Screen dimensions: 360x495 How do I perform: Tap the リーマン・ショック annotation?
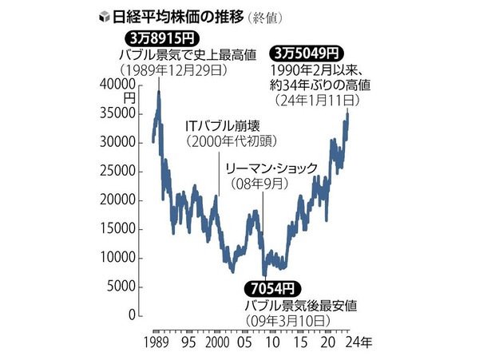click(271, 168)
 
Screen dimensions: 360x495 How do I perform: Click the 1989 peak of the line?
click(159, 92)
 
